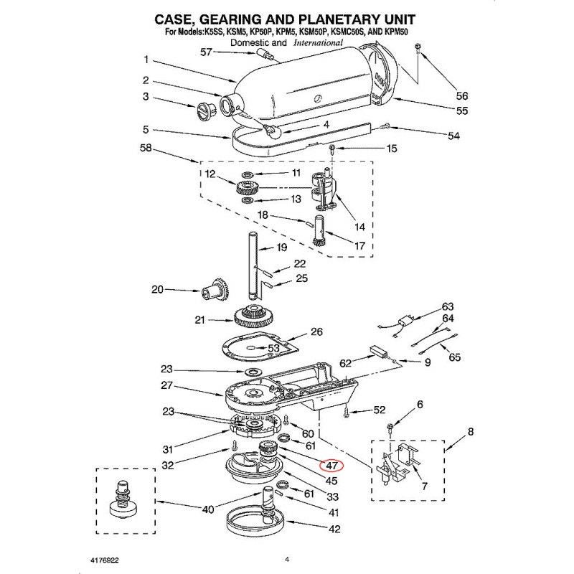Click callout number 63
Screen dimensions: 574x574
(x=448, y=306)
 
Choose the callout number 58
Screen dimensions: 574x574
(x=146, y=149)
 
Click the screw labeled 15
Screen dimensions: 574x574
(x=332, y=149)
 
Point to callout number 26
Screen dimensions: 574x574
(x=316, y=332)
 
